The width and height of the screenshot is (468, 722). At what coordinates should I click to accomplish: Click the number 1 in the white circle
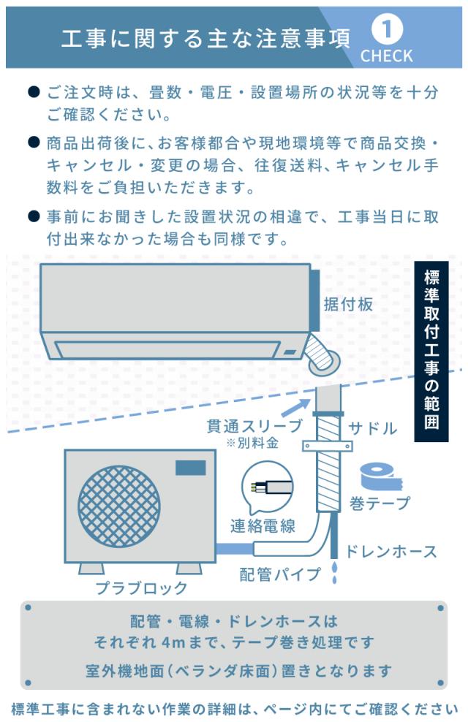pyautogui.click(x=387, y=30)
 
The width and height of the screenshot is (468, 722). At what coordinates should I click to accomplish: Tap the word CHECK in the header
pyautogui.click(x=386, y=56)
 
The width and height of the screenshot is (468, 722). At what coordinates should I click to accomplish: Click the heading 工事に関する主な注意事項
pyautogui.click(x=205, y=37)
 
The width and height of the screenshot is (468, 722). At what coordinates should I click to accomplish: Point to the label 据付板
pyautogui.click(x=348, y=305)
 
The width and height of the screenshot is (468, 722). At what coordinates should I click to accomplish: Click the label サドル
pyautogui.click(x=371, y=428)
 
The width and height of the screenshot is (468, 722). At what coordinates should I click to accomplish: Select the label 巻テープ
pyautogui.click(x=380, y=503)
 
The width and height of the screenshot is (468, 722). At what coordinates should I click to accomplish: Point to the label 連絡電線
pyautogui.click(x=263, y=525)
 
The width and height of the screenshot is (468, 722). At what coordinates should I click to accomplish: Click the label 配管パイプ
pyautogui.click(x=280, y=574)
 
